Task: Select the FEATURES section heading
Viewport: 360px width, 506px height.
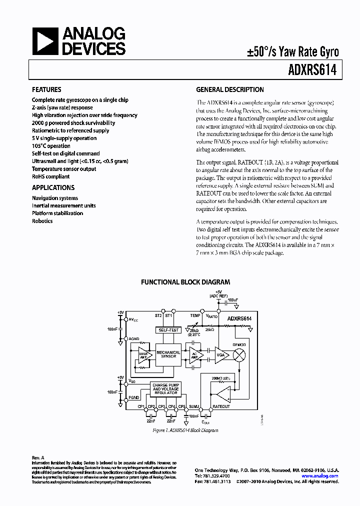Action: pyautogui.click(x=47, y=90)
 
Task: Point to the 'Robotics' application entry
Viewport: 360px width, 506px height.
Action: pyautogui.click(x=42, y=221)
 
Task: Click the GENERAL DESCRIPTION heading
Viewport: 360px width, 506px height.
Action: pyautogui.click(x=229, y=90)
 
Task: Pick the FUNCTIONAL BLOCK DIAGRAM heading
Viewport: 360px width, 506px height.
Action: pyautogui.click(x=185, y=282)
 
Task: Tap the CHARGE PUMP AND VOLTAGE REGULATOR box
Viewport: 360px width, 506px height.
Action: pyautogui.click(x=165, y=389)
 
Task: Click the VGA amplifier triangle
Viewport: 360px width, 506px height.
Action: pyautogui.click(x=221, y=354)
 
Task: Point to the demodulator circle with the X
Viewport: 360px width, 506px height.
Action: pyautogui.click(x=239, y=354)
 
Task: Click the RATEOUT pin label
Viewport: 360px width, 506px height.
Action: pyautogui.click(x=221, y=406)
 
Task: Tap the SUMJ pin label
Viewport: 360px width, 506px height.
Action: pyautogui.click(x=194, y=406)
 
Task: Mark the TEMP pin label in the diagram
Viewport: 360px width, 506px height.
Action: pyautogui.click(x=195, y=316)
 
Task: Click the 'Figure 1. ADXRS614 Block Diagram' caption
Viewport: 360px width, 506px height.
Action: pyautogui.click(x=185, y=430)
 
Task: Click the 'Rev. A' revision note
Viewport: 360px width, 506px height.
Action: pyautogui.click(x=38, y=457)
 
